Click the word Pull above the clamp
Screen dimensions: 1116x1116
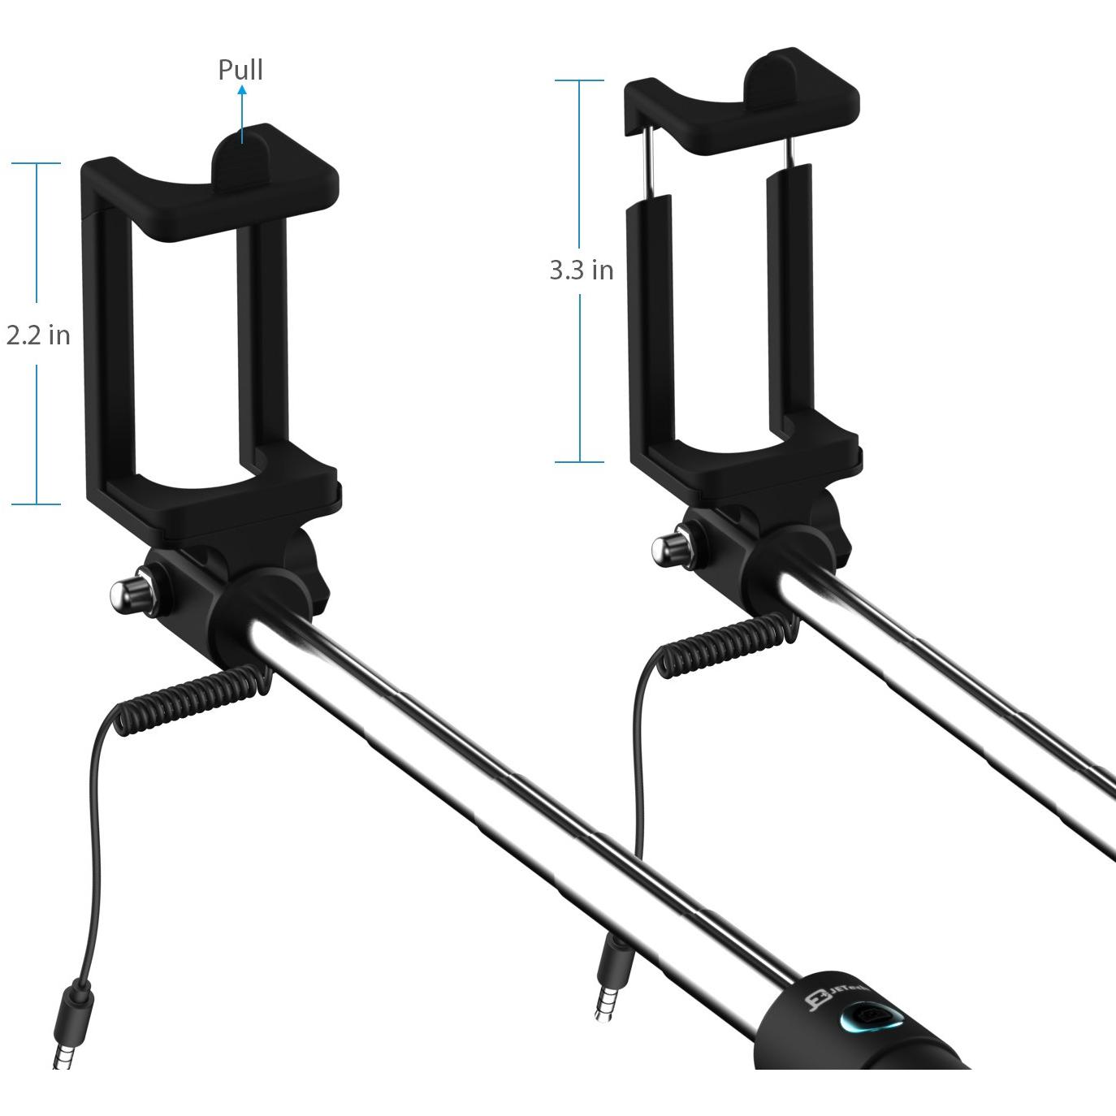click(x=240, y=70)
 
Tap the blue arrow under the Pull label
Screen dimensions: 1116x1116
click(x=241, y=114)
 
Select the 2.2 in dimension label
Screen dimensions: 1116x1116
click(x=38, y=335)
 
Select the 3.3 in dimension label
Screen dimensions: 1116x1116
click(x=581, y=270)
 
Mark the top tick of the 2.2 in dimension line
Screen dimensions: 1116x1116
click(x=37, y=163)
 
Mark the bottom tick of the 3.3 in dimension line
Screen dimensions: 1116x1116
click(x=579, y=462)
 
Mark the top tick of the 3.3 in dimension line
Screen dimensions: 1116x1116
click(x=579, y=80)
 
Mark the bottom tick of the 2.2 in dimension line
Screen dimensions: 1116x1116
click(x=37, y=504)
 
